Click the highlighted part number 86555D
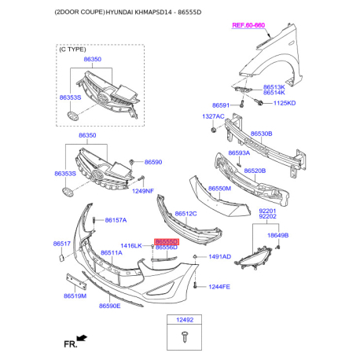point(167,241)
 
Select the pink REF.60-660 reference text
point(248,25)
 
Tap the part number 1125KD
point(285,103)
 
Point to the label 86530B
point(262,134)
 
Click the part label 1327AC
point(213,116)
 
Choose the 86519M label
point(75,296)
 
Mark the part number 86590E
point(110,306)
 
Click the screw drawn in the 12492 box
point(185,336)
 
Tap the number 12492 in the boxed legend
point(185,320)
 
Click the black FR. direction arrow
point(82,338)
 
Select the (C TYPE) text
point(72,50)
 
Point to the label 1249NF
point(143,191)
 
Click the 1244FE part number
point(219,287)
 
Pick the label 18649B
point(277,235)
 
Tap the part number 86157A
point(116,220)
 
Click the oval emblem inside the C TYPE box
point(72,116)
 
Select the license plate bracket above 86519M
point(76,281)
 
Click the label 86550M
point(219,189)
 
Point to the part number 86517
point(62,244)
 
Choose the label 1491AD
point(220,257)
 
